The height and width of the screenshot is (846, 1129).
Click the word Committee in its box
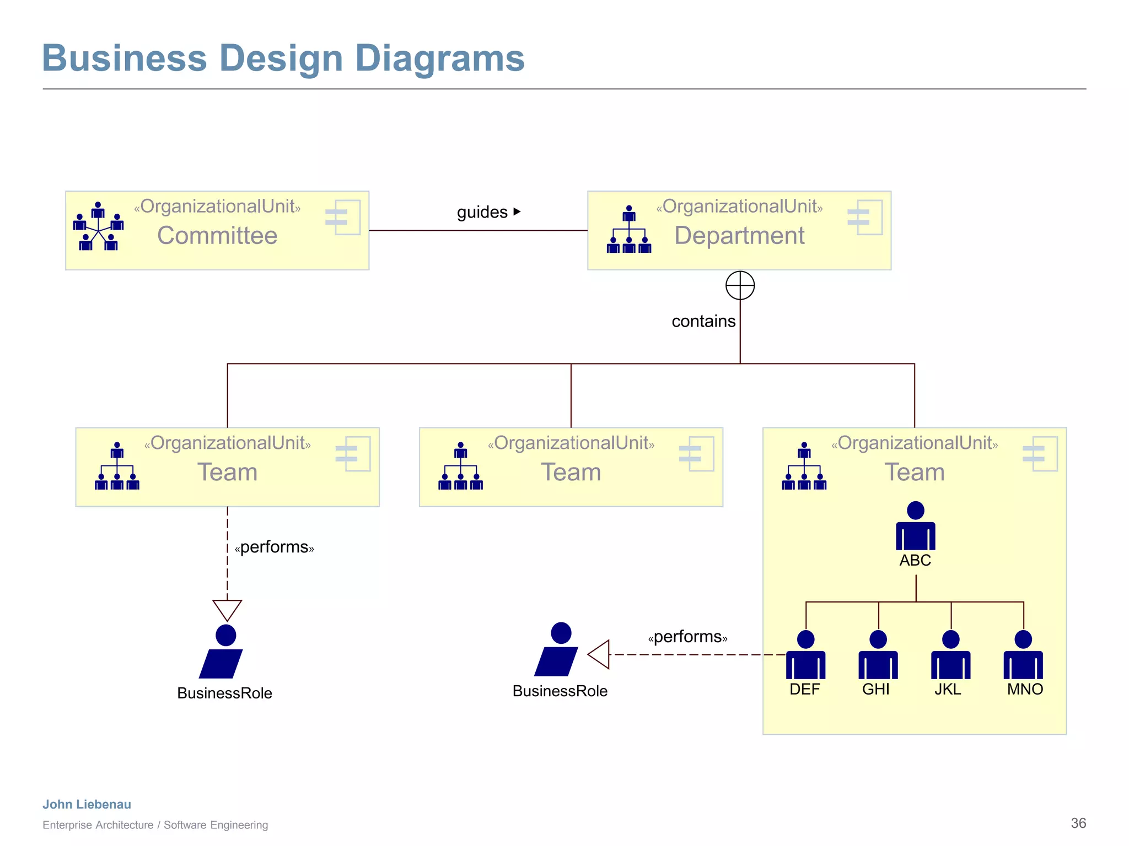pyautogui.click(x=217, y=236)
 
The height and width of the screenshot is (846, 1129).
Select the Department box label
pyautogui.click(x=739, y=236)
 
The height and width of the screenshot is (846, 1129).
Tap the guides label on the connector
pyautogui.click(x=482, y=212)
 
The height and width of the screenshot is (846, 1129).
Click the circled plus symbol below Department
pyautogui.click(x=740, y=285)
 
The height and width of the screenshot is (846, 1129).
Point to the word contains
pyautogui.click(x=703, y=321)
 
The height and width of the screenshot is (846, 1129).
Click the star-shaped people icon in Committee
pyautogui.click(x=98, y=226)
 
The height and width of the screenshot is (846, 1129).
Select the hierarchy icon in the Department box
pyautogui.click(x=629, y=230)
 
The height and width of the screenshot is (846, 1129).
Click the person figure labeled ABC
pyautogui.click(x=915, y=527)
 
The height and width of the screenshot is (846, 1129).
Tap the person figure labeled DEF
pyautogui.click(x=805, y=655)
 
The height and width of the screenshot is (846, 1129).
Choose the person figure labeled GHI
pyautogui.click(x=878, y=655)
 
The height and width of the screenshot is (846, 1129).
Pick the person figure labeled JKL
pyautogui.click(x=950, y=655)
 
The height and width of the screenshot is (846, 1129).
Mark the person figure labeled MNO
pyautogui.click(x=1023, y=655)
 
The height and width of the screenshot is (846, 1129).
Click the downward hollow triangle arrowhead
pyautogui.click(x=227, y=609)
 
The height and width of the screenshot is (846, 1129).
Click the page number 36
pyautogui.click(x=1078, y=823)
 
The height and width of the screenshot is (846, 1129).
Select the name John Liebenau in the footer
pyautogui.click(x=87, y=804)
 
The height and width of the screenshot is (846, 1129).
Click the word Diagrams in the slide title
pyautogui.click(x=439, y=58)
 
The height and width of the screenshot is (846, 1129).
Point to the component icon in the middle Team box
pyautogui.click(x=697, y=454)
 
